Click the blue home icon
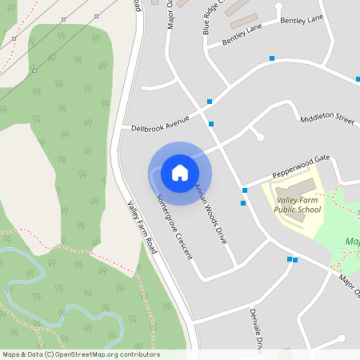click(180, 172)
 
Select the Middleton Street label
click(326, 118)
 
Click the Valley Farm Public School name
click(298, 205)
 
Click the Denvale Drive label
click(256, 328)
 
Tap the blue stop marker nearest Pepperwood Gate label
click(245, 190)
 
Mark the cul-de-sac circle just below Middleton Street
click(260, 138)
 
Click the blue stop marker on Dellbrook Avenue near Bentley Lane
click(272, 58)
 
